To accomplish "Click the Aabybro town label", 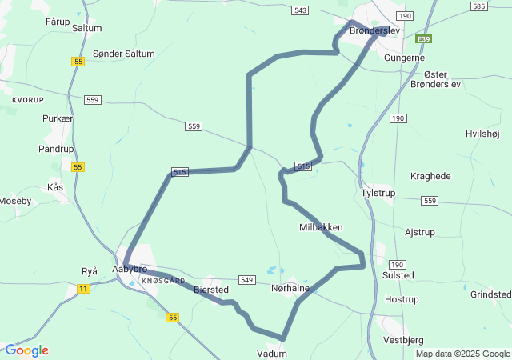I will point(130,269).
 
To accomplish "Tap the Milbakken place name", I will point(321,227).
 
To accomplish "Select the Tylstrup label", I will point(378,194).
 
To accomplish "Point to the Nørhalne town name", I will point(290,288).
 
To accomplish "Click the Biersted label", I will point(211,290).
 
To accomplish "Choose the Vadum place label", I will point(271,353).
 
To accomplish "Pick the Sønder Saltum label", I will point(124,54).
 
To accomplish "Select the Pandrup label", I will point(56,149).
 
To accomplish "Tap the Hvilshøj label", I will point(482,134).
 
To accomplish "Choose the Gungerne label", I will point(404,58).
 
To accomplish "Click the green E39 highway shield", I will point(423,38).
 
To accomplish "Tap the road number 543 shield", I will point(300,10).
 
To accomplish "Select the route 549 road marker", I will point(246,280).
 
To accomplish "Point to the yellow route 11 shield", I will point(84,288).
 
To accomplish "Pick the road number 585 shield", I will point(479,6).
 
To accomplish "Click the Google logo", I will point(26,350).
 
